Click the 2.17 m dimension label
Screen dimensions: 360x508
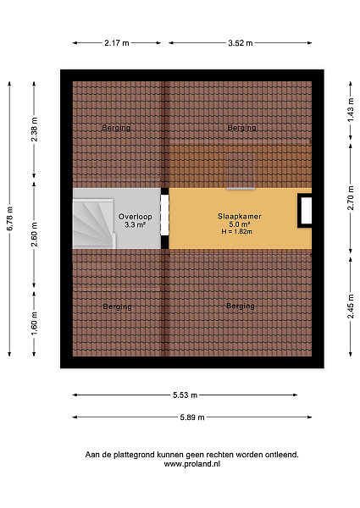tap(117, 43)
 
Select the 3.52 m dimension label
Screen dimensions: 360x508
tap(240, 43)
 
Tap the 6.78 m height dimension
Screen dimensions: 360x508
tap(10, 218)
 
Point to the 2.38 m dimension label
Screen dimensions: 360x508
tap(35, 130)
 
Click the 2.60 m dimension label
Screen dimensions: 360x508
tap(35, 234)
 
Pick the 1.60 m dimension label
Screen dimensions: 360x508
tap(35, 323)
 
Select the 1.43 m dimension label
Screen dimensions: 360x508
tap(351, 110)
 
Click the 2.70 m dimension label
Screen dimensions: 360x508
tap(351, 198)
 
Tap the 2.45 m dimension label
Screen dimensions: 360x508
tap(351, 306)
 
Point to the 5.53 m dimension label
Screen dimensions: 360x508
tap(185, 395)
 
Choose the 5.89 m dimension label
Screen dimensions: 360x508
tap(192, 417)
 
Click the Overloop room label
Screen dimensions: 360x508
tap(136, 217)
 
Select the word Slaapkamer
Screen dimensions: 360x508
tap(240, 216)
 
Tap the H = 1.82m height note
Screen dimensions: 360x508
tap(237, 232)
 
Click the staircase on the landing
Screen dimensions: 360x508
tap(94, 224)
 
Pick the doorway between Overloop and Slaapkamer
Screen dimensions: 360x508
tap(165, 215)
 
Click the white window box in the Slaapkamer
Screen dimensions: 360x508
tap(306, 211)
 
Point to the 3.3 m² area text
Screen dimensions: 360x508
tap(135, 224)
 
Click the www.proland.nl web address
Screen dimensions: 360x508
tap(191, 464)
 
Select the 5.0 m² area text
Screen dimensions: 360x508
tap(240, 224)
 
